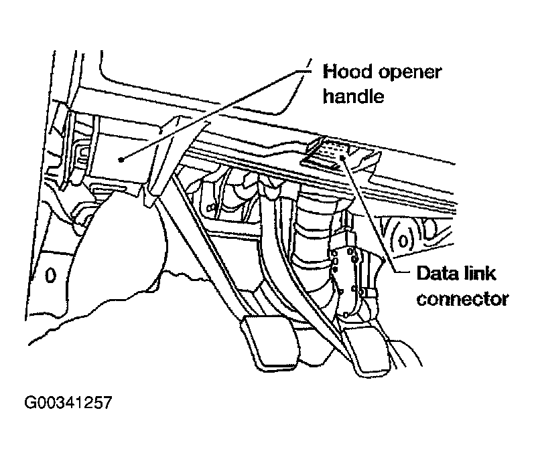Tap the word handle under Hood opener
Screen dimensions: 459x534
(x=352, y=96)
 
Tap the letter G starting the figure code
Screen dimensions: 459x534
(x=29, y=404)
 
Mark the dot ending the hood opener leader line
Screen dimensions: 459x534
(x=120, y=159)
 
